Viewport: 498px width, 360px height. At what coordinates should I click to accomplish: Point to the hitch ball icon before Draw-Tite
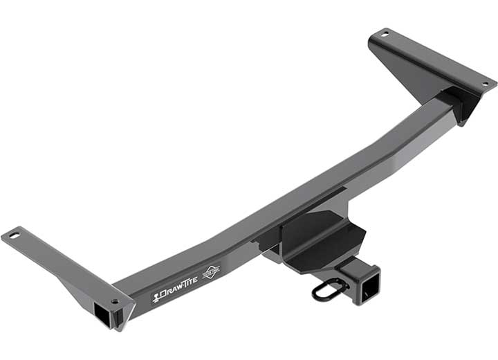(x=156, y=299)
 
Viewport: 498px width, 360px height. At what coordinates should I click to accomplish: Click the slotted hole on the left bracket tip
(x=15, y=236)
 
